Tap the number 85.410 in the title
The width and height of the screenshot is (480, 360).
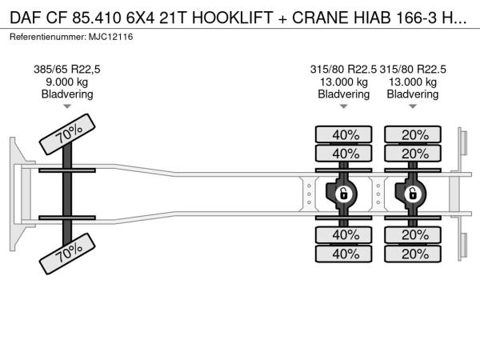(x=93, y=18)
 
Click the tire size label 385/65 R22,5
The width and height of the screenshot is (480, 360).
(x=67, y=69)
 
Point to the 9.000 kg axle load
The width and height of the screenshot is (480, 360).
(x=67, y=82)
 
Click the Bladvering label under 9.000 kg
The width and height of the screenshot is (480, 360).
(x=67, y=94)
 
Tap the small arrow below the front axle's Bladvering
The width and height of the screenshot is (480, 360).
(x=67, y=107)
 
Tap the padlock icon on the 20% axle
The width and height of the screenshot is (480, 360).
(x=413, y=193)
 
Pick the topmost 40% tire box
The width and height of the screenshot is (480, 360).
(x=344, y=134)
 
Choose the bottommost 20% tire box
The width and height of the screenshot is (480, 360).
(x=413, y=254)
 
